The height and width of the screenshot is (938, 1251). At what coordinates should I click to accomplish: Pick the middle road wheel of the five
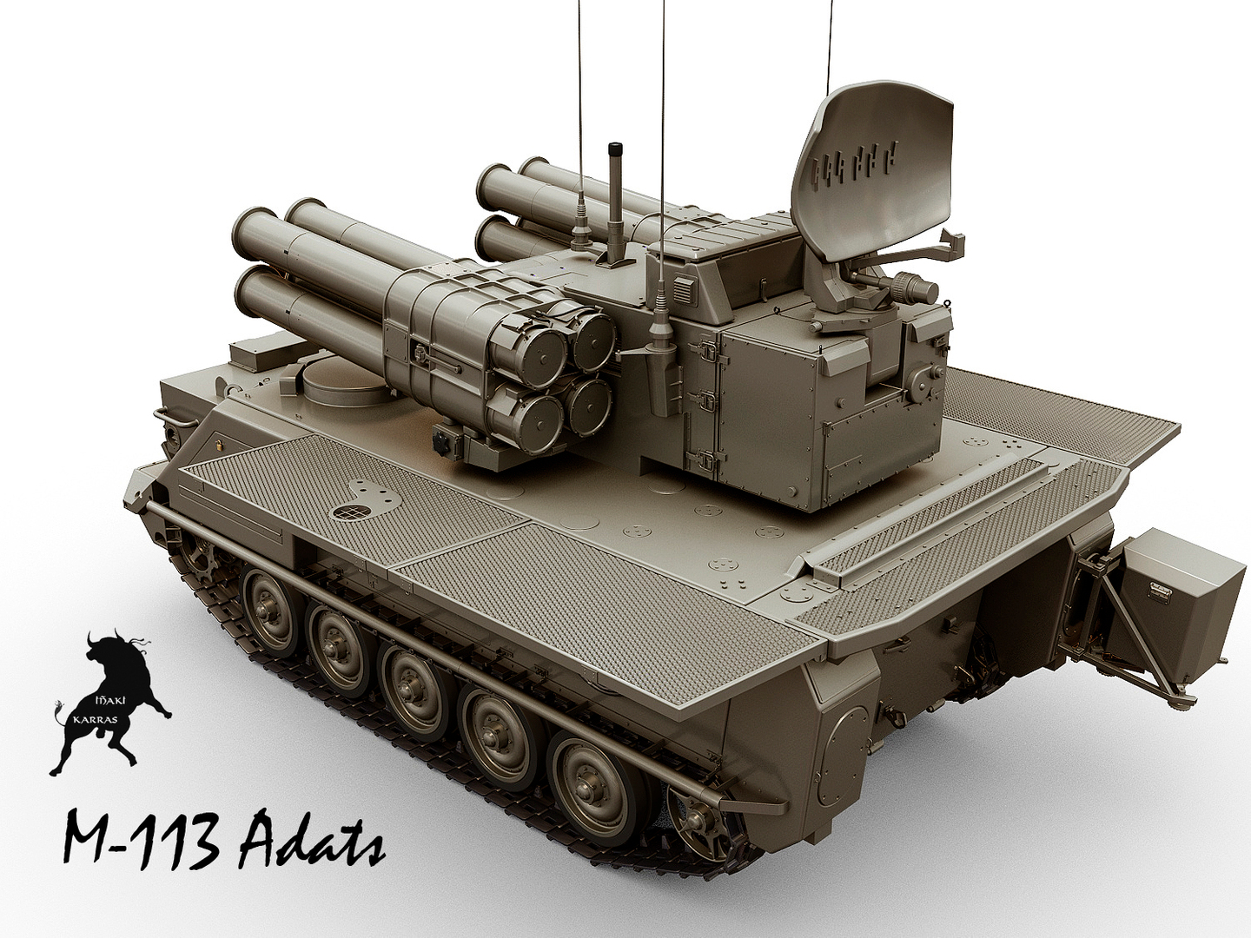pyautogui.click(x=408, y=677)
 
